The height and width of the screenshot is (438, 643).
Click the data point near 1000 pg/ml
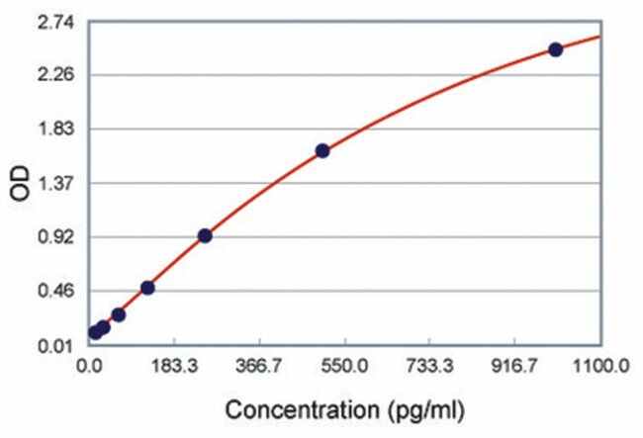pos(555,49)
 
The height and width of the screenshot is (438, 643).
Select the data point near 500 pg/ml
pos(321,151)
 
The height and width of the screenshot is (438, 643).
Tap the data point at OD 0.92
pos(205,235)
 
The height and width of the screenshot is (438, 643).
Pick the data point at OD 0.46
pos(147,288)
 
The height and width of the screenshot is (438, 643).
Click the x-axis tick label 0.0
pos(89,367)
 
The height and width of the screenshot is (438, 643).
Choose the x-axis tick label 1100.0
pos(600,367)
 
